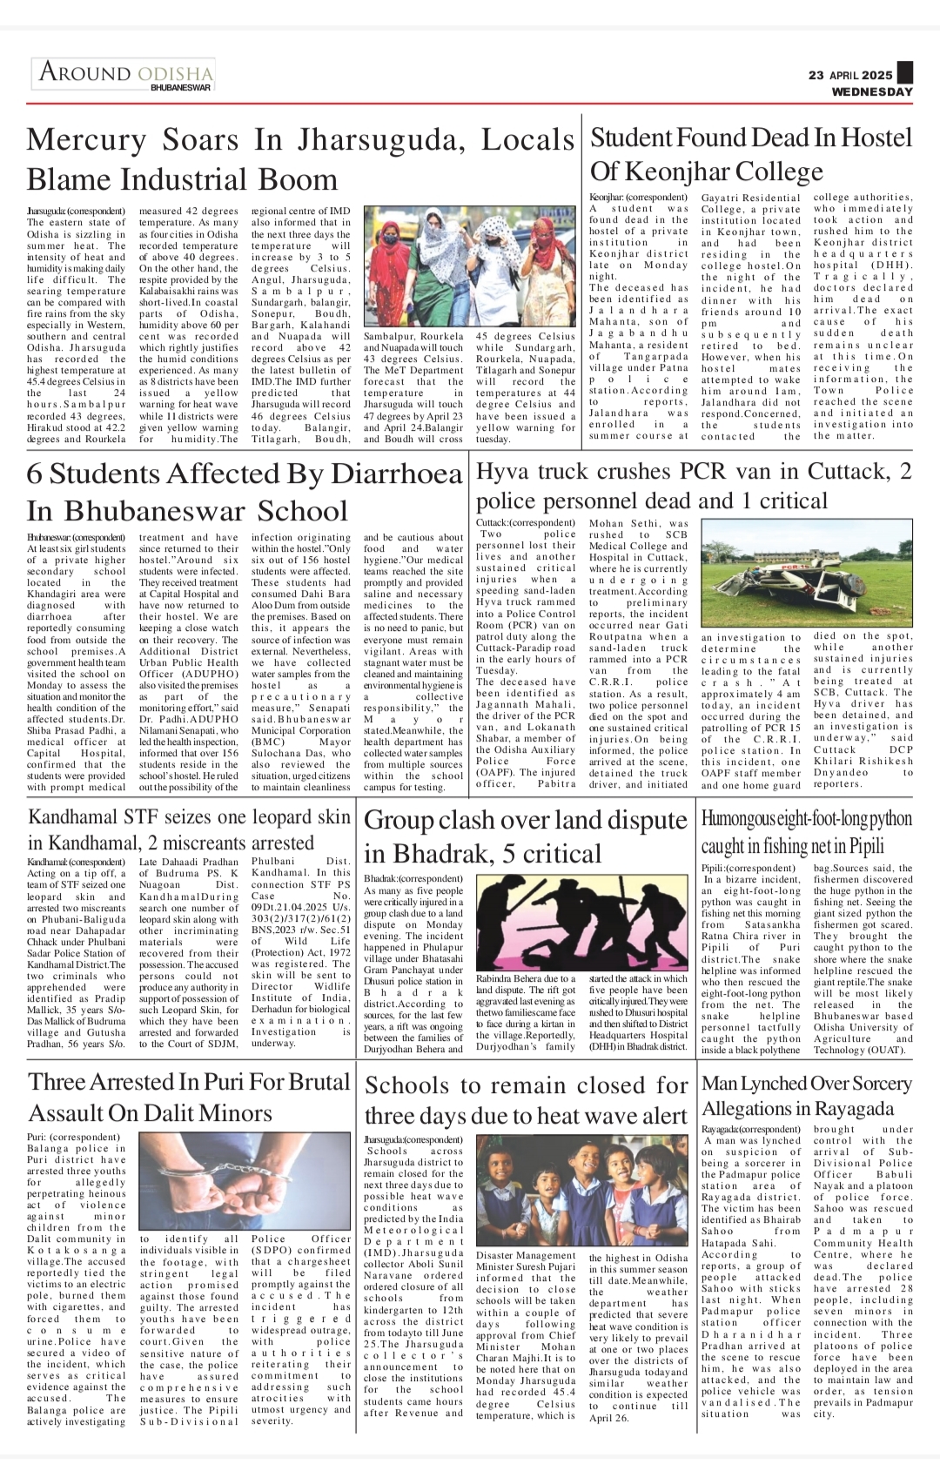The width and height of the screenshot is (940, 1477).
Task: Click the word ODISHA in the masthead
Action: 175,71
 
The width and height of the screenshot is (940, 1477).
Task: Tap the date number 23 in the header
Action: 816,75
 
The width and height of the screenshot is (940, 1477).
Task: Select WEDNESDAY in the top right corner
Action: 872,91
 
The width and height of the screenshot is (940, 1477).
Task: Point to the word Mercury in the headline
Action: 86,140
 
